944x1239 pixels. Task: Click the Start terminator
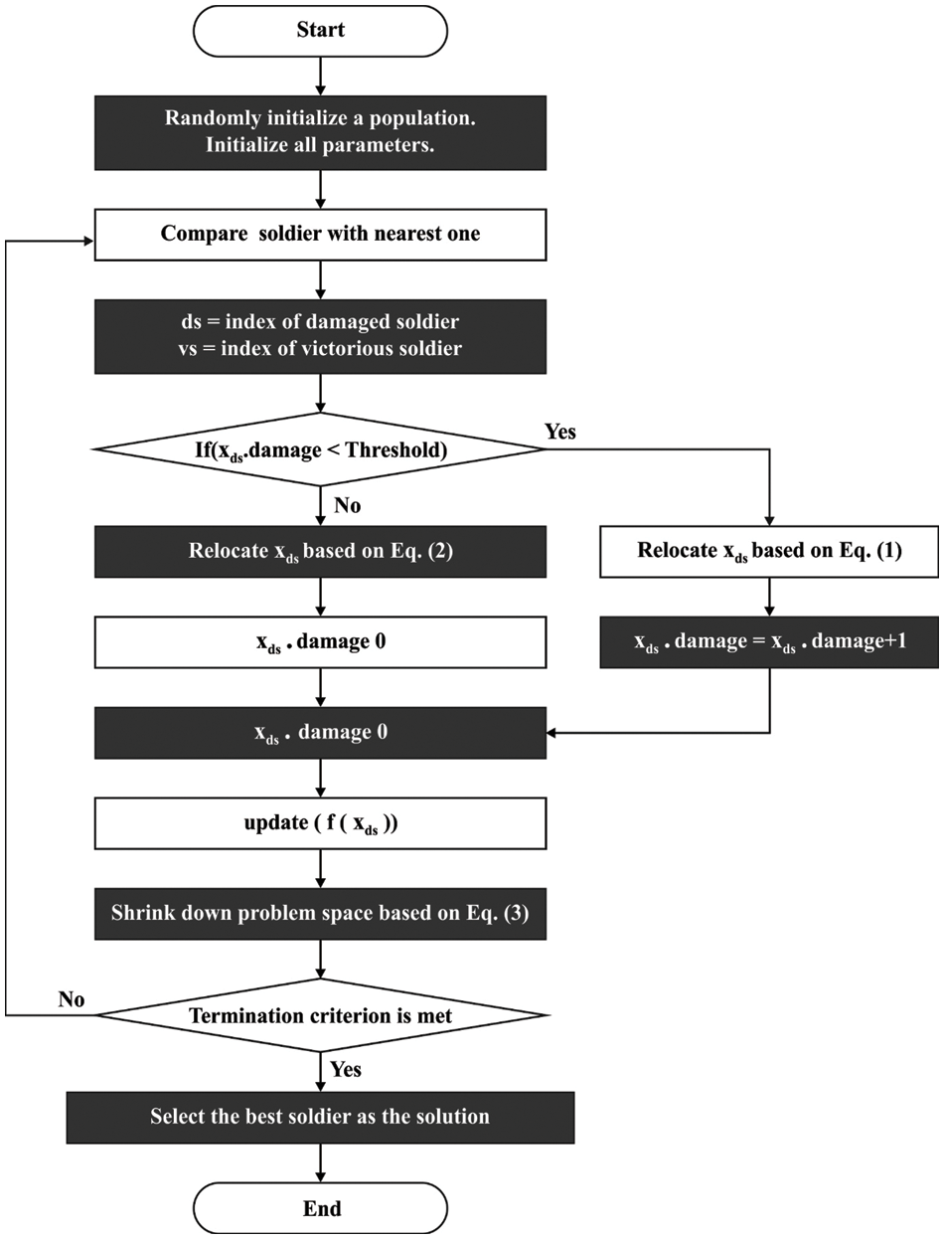pos(320,30)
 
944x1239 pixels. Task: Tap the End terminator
pos(320,1208)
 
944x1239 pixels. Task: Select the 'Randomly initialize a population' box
pos(320,131)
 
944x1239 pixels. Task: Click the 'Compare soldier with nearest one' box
pos(320,235)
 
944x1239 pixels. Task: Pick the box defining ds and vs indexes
pos(320,336)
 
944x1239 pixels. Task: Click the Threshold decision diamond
pos(320,449)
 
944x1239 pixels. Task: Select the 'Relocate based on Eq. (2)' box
pos(320,551)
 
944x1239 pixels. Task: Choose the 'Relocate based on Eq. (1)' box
pos(769,551)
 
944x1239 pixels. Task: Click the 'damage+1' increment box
pos(769,641)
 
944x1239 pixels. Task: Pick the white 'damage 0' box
pos(320,641)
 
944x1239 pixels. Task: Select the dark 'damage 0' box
pos(320,733)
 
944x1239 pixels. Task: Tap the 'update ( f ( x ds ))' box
pos(320,823)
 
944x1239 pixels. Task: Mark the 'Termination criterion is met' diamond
pos(320,1015)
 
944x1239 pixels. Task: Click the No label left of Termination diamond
pos(72,998)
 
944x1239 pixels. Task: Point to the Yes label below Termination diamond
pos(345,1069)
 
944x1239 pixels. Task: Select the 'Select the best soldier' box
pos(320,1117)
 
